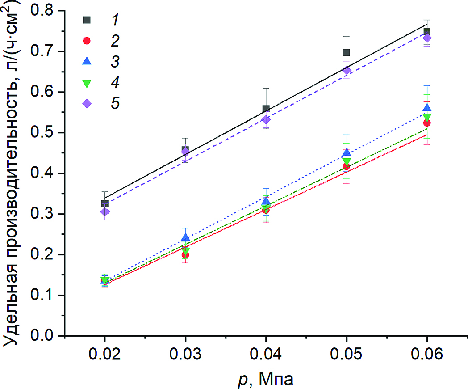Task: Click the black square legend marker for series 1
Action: (87, 20)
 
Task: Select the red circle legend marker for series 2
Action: (87, 41)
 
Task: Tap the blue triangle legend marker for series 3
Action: (87, 61)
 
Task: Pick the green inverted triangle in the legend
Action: (87, 83)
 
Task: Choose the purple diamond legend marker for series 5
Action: (87, 103)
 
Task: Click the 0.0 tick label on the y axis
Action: (45, 336)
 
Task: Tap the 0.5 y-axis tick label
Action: (45, 132)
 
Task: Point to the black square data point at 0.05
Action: (347, 52)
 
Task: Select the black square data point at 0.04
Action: (266, 109)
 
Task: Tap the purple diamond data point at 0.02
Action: (105, 212)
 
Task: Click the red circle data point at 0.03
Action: (185, 255)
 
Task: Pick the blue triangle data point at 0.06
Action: (427, 108)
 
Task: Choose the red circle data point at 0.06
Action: (427, 123)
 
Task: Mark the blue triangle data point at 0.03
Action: (185, 237)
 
